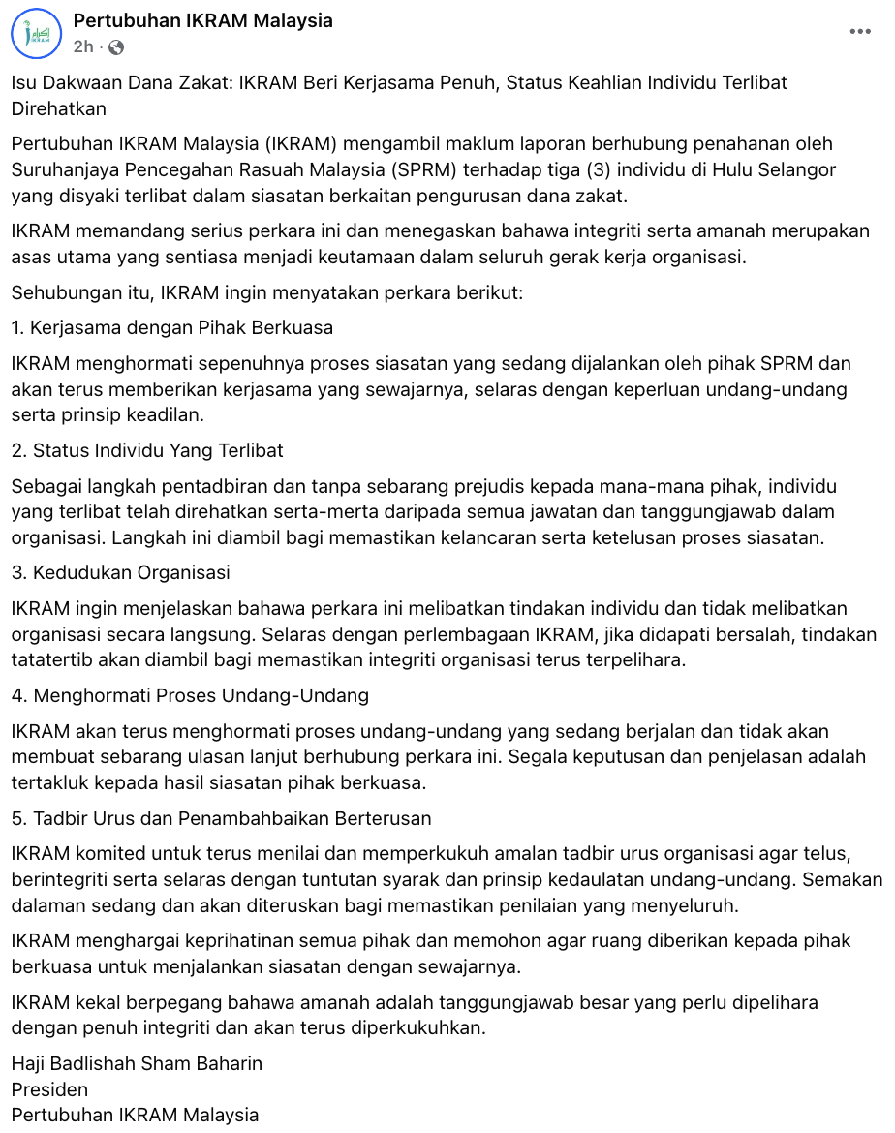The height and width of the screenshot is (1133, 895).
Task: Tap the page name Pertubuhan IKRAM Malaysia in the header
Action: pos(203,20)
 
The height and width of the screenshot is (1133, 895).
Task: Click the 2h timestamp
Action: pos(83,46)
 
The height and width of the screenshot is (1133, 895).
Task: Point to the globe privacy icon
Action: pos(116,46)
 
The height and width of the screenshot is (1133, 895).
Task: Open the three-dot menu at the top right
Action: pos(860,31)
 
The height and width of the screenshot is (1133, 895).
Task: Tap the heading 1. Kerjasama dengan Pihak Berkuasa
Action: pos(172,327)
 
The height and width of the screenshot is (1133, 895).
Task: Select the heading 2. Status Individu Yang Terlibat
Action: pos(147,450)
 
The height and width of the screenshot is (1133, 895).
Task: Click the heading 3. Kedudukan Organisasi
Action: pos(121,572)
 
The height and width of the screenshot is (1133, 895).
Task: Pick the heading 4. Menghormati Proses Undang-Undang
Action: pos(190,695)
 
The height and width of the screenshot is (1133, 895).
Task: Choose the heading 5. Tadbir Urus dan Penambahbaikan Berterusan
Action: pos(222,817)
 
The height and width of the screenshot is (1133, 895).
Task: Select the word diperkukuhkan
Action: pos(404,1027)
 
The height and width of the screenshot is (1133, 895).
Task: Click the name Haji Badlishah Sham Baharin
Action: pos(137,1063)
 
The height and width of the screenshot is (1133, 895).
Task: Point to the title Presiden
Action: pos(49,1089)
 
